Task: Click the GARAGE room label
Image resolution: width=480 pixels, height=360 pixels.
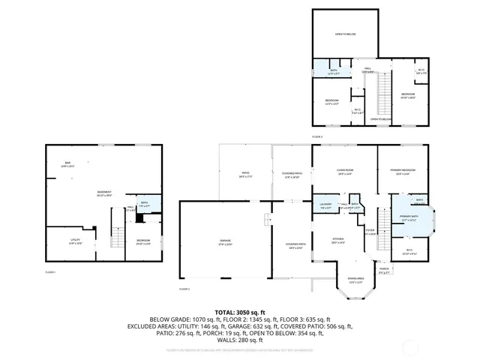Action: (x=225, y=241)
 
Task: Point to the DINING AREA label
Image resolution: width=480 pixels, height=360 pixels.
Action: (x=355, y=280)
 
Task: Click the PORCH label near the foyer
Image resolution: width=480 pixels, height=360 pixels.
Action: (x=384, y=271)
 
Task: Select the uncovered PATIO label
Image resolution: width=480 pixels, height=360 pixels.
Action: (x=244, y=175)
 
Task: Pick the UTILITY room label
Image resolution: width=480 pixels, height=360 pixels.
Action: (x=64, y=241)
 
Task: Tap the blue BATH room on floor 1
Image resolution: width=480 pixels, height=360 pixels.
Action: (x=144, y=204)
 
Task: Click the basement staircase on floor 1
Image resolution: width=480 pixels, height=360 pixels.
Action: (x=116, y=238)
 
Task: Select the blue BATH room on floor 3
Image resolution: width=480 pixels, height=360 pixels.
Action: (x=333, y=72)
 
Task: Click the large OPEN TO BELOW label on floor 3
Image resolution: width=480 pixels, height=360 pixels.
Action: (x=345, y=34)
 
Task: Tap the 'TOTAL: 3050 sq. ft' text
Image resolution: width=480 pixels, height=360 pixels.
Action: (x=240, y=311)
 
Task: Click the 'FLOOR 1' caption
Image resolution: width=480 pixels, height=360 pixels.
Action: (x=50, y=271)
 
